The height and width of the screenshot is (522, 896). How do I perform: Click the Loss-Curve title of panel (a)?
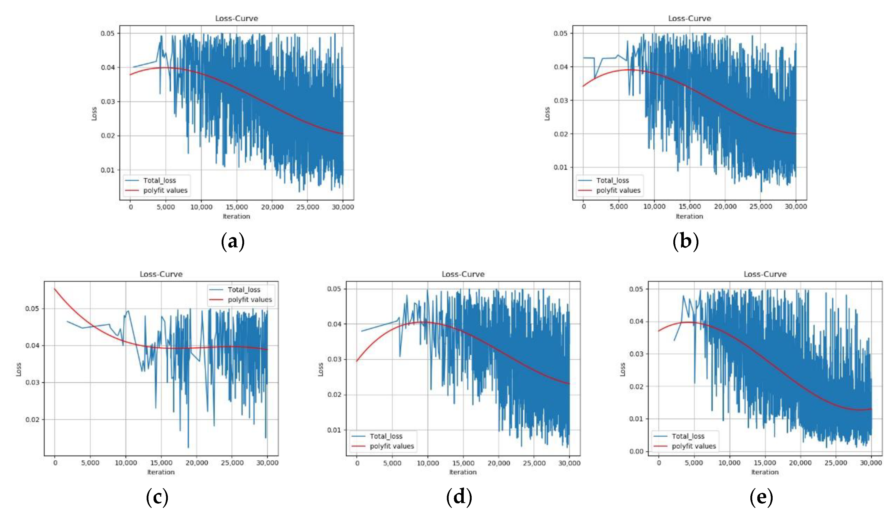[236, 18]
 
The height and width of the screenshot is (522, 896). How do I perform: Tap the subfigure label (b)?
[686, 241]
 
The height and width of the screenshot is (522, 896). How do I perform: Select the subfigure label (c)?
[157, 497]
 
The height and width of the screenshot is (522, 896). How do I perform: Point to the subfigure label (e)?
[761, 497]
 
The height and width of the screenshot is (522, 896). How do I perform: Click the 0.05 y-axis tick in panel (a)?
[107, 34]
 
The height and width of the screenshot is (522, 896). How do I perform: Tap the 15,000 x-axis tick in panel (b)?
[689, 206]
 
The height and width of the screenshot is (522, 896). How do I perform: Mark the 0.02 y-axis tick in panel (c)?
[32, 420]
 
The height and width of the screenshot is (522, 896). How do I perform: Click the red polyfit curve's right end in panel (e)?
[871, 409]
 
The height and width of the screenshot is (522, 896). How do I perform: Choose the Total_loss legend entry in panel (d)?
[386, 436]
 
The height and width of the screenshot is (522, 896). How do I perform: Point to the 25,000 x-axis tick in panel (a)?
[308, 207]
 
